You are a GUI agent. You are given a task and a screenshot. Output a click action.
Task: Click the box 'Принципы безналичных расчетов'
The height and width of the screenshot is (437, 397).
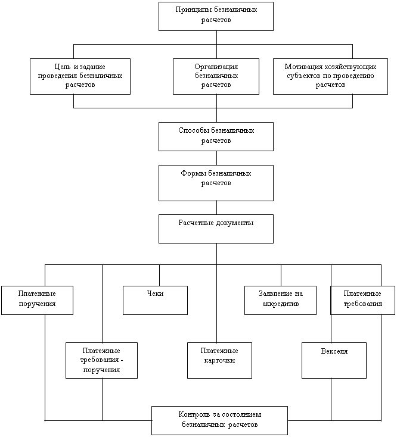pyautogui.click(x=216, y=16)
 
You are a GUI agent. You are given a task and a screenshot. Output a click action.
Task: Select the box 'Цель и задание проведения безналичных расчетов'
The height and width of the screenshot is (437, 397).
pyautogui.click(x=80, y=76)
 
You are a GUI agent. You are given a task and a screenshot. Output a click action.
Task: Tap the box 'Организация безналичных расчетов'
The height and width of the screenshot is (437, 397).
pyautogui.click(x=216, y=76)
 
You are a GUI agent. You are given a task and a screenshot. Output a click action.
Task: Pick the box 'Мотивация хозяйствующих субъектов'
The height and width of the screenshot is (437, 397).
pyautogui.click(x=330, y=76)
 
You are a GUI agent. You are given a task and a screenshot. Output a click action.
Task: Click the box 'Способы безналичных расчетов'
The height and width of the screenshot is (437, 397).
pyautogui.click(x=216, y=136)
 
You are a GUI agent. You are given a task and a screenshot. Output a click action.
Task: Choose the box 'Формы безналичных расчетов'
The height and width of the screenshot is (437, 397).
pyautogui.click(x=216, y=183)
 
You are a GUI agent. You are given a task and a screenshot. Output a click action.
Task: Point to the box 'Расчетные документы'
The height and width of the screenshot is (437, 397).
pyautogui.click(x=216, y=229)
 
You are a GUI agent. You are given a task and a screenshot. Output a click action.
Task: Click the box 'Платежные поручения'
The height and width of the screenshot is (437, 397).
pyautogui.click(x=37, y=300)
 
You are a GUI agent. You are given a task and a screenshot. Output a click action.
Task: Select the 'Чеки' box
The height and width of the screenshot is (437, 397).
pyautogui.click(x=155, y=300)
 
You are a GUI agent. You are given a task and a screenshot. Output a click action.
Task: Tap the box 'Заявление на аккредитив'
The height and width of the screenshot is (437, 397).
pyautogui.click(x=280, y=300)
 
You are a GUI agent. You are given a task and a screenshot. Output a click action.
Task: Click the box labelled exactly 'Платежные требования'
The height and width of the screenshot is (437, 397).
pyautogui.click(x=362, y=300)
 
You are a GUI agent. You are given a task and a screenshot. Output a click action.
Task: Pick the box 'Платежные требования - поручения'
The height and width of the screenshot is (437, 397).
pyautogui.click(x=101, y=360)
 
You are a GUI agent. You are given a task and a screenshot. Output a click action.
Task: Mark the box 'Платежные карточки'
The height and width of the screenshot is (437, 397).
pyautogui.click(x=219, y=360)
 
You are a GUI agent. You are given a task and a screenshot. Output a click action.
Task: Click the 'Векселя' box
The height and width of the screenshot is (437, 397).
pyautogui.click(x=334, y=360)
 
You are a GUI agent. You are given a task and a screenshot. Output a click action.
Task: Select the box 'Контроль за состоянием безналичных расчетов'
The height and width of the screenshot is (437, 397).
pyautogui.click(x=219, y=420)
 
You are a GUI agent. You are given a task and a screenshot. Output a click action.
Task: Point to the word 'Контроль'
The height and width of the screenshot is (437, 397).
pyautogui.click(x=193, y=414)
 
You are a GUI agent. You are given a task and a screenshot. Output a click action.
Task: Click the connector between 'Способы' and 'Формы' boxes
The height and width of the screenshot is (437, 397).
pyautogui.click(x=216, y=158)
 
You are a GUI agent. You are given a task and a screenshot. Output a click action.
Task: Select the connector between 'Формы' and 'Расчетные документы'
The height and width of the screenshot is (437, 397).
pyautogui.click(x=216, y=207)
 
